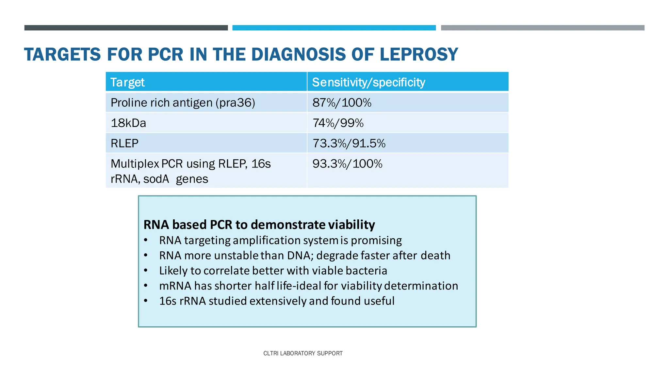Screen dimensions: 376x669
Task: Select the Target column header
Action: [127, 82]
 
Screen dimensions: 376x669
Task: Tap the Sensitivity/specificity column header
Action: [368, 82]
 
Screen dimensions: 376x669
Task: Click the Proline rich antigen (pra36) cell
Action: [183, 103]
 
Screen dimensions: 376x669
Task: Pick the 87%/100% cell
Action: [342, 103]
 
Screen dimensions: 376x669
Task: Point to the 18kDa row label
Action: [128, 123]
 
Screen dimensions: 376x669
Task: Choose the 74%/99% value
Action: [338, 123]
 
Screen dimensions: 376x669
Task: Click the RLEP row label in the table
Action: [124, 143]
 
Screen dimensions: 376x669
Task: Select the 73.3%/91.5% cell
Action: [349, 143]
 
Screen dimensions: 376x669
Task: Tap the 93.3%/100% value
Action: [347, 164]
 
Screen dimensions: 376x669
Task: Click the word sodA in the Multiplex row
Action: [156, 179]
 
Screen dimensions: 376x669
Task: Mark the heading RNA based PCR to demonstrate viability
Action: [259, 225]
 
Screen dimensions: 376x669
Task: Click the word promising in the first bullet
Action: [376, 240]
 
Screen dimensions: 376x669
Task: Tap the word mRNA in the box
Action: [175, 286]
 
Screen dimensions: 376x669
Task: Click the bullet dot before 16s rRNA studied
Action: [146, 301]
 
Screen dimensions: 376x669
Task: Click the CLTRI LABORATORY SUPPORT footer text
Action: [303, 353]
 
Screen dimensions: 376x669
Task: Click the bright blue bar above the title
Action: [334, 28]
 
